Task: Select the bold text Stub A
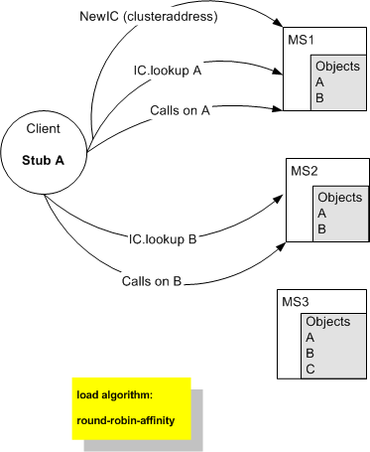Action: click(x=46, y=159)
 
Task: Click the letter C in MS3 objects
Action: click(x=310, y=368)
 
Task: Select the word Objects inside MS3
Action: click(x=329, y=322)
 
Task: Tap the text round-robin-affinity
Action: click(x=125, y=420)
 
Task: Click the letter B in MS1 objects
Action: click(x=319, y=98)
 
